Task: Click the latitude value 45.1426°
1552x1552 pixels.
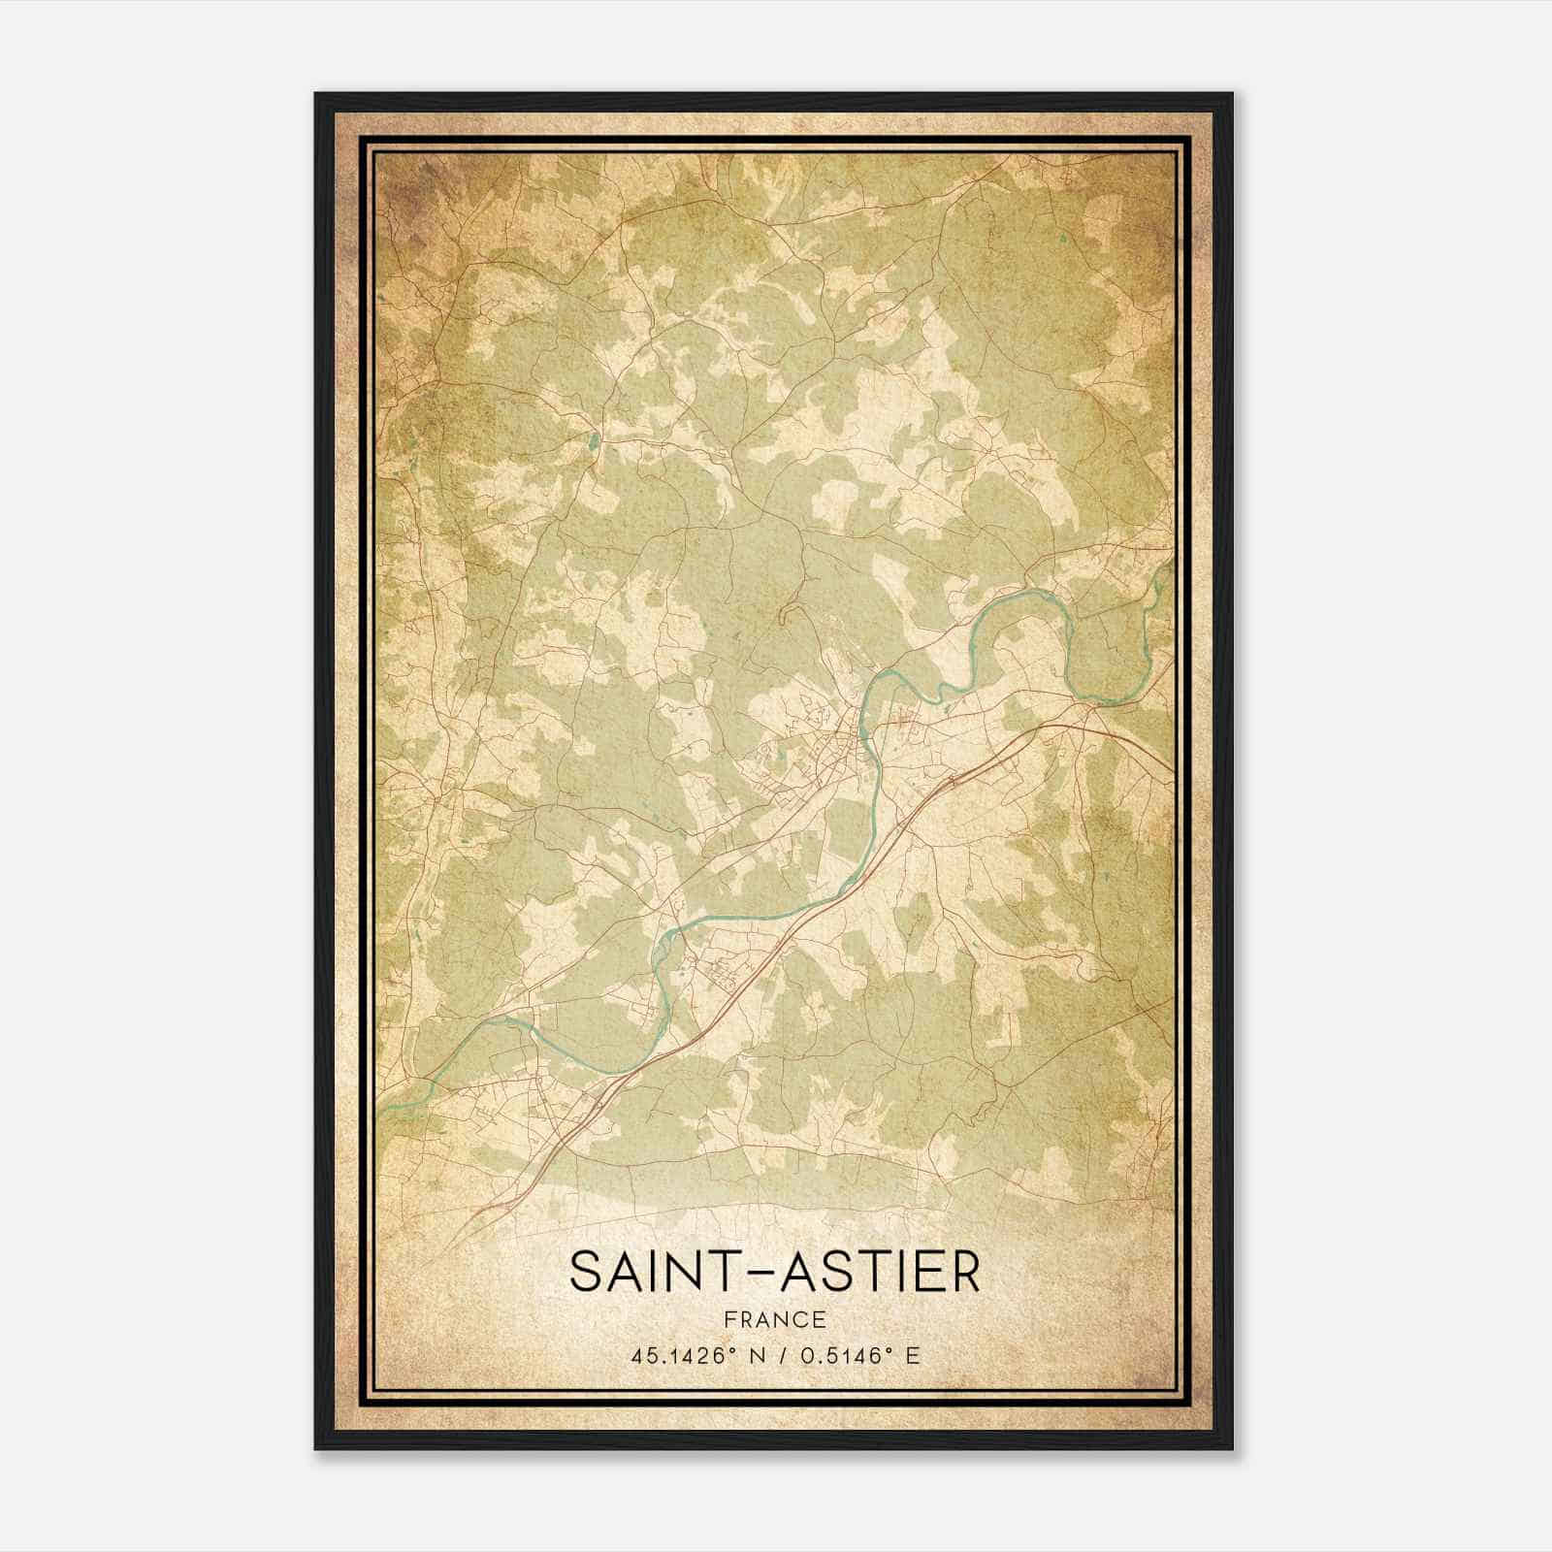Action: click(x=679, y=1355)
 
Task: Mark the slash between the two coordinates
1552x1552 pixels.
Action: click(x=778, y=1355)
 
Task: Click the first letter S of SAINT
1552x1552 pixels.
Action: click(x=585, y=1272)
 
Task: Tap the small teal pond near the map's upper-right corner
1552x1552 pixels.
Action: click(x=1064, y=237)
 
